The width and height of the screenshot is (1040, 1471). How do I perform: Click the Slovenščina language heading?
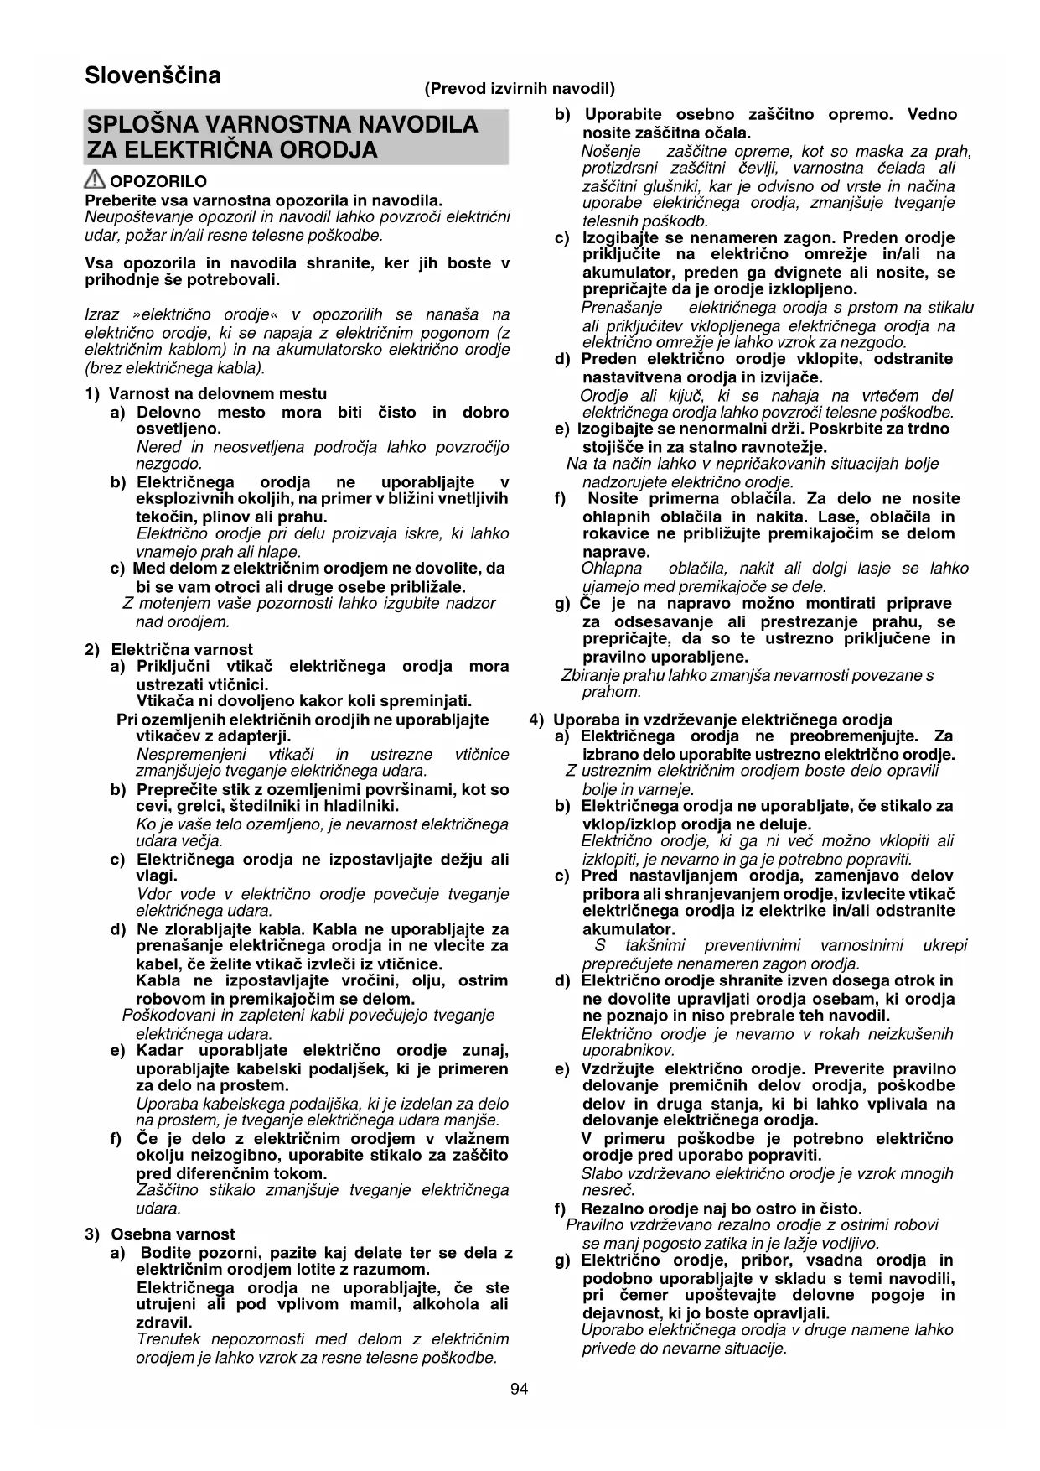tap(153, 75)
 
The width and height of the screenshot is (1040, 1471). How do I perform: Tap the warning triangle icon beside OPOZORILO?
tap(96, 179)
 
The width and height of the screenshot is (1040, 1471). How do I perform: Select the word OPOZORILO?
tap(158, 181)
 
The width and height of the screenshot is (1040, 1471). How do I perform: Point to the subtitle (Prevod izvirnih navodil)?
tap(520, 88)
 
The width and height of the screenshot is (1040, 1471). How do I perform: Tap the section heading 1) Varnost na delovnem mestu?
tap(206, 393)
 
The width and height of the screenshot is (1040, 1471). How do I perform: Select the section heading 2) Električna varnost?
tap(169, 649)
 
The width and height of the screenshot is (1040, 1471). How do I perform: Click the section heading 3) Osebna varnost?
tap(161, 1234)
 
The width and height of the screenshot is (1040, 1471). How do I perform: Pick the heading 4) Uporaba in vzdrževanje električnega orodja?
tap(711, 720)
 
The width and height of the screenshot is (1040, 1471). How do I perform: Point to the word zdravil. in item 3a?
tap(164, 1323)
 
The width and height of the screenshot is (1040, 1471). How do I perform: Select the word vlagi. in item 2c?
tap(157, 876)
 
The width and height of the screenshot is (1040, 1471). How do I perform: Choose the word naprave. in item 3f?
tap(616, 552)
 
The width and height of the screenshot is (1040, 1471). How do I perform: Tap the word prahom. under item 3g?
tap(612, 692)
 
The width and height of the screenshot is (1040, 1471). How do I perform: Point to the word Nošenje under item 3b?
tap(611, 152)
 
